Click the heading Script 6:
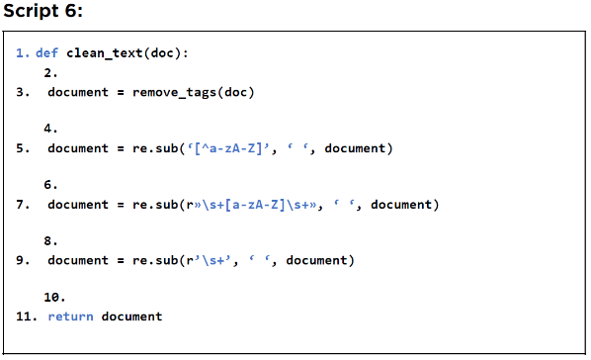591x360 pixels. coord(42,11)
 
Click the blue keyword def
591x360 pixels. coord(46,52)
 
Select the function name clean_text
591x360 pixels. coord(105,53)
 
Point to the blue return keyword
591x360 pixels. coord(70,316)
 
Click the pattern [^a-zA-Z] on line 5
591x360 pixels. coord(228,148)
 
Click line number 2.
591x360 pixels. coord(50,73)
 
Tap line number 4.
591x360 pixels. coord(50,129)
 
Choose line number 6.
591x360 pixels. coord(50,185)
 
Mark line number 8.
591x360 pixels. coord(50,240)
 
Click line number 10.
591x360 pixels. coord(54,298)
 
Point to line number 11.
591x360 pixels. coord(27,316)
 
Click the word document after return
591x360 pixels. coord(131,316)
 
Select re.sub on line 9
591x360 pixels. coord(155,260)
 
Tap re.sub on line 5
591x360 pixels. coord(155,148)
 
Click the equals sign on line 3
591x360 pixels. coord(121,92)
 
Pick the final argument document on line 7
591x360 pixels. coord(401,205)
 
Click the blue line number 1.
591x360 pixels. coord(23,52)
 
